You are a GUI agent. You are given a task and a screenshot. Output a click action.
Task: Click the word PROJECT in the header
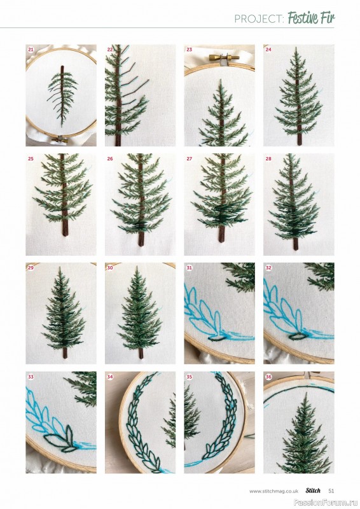[259, 19]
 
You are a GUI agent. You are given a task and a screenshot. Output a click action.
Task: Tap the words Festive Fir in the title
[311, 18]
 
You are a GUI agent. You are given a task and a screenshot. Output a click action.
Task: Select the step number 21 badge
[31, 50]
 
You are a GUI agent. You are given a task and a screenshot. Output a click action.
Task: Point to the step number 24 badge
[268, 50]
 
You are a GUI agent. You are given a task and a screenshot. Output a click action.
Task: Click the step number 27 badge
[190, 158]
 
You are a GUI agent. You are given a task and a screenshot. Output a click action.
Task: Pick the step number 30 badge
[110, 268]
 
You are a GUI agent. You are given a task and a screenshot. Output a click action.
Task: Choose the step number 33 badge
[31, 377]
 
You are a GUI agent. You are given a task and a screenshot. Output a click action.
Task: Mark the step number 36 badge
[268, 377]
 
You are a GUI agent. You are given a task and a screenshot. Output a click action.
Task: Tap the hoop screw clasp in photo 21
[60, 139]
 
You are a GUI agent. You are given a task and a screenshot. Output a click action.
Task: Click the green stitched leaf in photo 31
[216, 338]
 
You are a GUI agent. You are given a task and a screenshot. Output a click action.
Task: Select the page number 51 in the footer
[331, 491]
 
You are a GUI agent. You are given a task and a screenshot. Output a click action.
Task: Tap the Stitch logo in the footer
[313, 491]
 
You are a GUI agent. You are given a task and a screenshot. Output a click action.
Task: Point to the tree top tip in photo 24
[296, 48]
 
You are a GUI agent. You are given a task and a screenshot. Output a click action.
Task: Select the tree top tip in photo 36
[305, 393]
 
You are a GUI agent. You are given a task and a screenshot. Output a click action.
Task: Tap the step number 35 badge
[190, 377]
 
